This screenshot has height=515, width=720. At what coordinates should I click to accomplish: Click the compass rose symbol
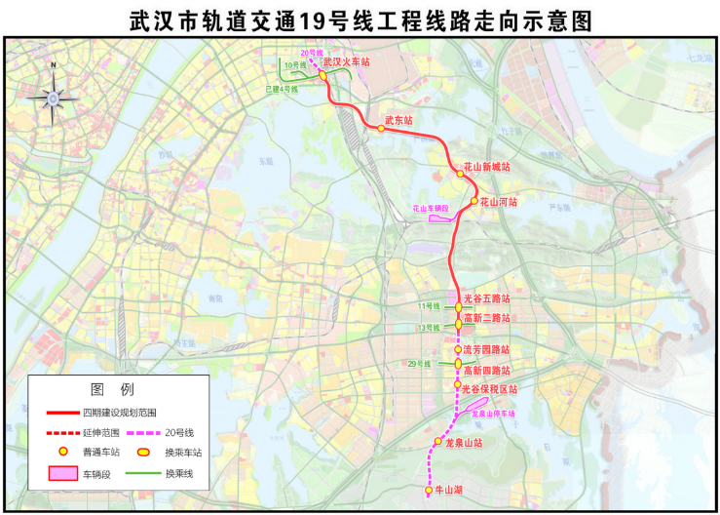pyautogui.click(x=53, y=96)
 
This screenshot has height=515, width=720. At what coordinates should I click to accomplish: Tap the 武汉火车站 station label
pyautogui.click(x=348, y=61)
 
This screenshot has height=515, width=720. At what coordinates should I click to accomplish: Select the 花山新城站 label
pyautogui.click(x=486, y=167)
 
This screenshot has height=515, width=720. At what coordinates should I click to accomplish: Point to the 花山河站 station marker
pyautogui.click(x=474, y=202)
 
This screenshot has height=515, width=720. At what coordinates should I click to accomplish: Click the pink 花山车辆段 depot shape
pyautogui.click(x=443, y=218)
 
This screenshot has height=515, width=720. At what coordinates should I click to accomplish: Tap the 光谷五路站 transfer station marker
pyautogui.click(x=459, y=307)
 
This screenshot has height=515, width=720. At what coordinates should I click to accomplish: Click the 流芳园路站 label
pyautogui.click(x=486, y=349)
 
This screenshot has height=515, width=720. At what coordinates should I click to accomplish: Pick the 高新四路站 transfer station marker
pyautogui.click(x=458, y=366)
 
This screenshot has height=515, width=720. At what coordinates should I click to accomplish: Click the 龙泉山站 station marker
pyautogui.click(x=438, y=443)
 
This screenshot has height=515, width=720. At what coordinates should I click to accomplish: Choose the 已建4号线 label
pyautogui.click(x=282, y=89)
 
